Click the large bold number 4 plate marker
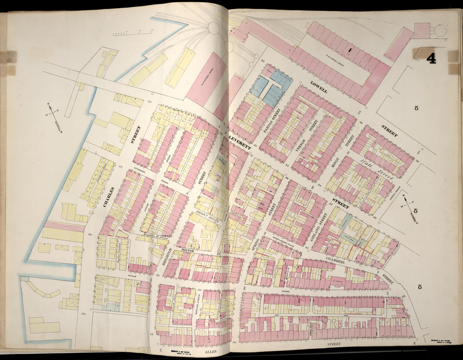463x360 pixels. click(x=431, y=58)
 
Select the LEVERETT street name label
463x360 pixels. click(x=239, y=142)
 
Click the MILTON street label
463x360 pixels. click(x=186, y=250)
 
